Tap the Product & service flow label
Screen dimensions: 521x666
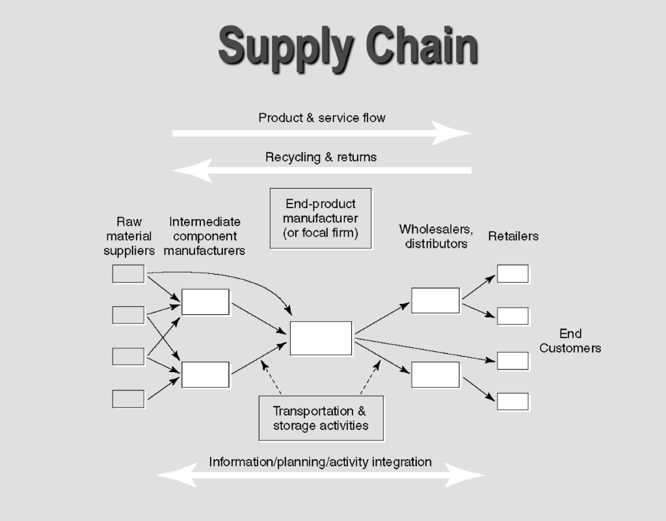322,118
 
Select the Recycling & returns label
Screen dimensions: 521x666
321,157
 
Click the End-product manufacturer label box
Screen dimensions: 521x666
321,219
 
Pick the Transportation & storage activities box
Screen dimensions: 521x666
321,418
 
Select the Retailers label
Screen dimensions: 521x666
513,236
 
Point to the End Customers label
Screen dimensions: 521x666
570,341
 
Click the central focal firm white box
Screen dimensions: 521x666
321,338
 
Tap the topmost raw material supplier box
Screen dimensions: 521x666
128,274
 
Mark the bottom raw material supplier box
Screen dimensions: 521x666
128,398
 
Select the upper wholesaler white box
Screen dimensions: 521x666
435,301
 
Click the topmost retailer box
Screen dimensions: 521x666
513,274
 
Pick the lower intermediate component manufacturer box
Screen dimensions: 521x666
206,375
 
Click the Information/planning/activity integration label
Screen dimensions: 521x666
320,462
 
